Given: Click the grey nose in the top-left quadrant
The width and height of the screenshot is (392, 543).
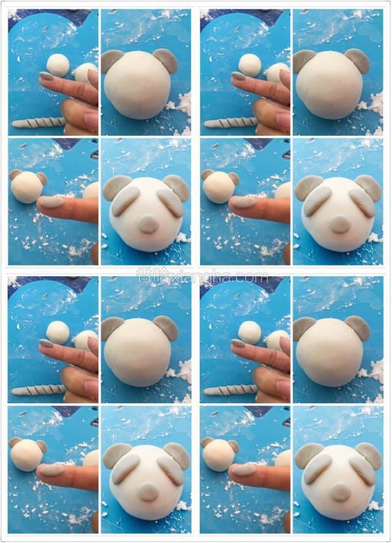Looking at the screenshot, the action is [x=148, y=223].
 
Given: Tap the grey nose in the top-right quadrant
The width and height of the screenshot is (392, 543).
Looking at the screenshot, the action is [x=340, y=224].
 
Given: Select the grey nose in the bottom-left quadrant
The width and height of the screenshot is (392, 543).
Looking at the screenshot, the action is [x=148, y=492].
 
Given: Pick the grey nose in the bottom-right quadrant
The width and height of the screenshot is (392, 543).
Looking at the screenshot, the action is [x=340, y=492].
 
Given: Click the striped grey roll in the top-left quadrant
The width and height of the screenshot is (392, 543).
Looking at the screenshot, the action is [x=39, y=122].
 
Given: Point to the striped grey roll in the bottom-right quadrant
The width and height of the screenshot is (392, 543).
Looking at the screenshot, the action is [x=230, y=391].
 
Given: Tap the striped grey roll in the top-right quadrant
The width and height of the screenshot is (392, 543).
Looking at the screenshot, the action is [x=230, y=122].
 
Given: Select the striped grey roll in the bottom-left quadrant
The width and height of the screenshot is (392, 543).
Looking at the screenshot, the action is [x=39, y=391].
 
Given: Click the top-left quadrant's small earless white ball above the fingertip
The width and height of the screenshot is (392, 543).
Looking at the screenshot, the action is [x=58, y=65].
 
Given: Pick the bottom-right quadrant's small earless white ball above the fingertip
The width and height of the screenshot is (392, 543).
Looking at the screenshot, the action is [x=250, y=332].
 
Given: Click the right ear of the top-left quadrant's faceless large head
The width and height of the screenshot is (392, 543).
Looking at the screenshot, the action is [x=165, y=60].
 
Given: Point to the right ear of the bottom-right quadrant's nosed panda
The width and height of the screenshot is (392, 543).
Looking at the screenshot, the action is [x=369, y=454].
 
